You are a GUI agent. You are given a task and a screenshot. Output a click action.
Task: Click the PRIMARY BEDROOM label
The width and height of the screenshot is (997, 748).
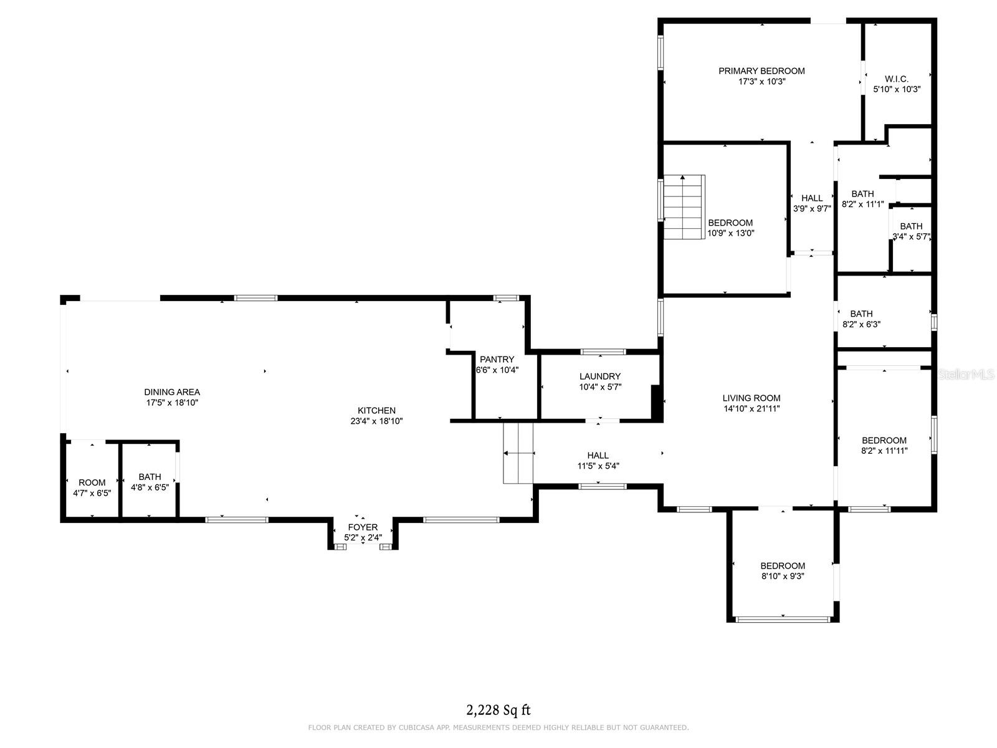[x=761, y=71]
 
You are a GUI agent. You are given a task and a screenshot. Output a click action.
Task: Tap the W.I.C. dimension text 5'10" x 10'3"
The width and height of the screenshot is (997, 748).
[x=897, y=89]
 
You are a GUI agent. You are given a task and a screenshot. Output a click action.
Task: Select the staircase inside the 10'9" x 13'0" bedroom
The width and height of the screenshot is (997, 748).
[x=684, y=207]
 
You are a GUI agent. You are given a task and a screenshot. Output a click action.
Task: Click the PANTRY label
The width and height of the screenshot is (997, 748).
[x=497, y=360]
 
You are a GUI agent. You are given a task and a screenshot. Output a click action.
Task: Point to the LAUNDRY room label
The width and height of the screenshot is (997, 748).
[x=599, y=376]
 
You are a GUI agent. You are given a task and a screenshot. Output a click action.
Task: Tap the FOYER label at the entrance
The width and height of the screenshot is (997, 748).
[x=363, y=527]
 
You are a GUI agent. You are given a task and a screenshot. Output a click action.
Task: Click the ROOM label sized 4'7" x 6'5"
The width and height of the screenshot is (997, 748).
[x=92, y=482]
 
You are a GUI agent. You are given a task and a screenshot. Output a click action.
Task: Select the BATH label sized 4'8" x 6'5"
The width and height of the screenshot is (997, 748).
[x=150, y=477]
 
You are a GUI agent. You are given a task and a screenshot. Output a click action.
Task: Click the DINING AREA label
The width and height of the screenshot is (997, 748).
[x=172, y=392]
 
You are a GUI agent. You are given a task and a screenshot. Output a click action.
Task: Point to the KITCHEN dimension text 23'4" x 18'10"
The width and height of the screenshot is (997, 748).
[x=376, y=421]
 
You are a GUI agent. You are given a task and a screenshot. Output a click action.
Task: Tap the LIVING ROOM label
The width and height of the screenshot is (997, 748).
[x=751, y=398]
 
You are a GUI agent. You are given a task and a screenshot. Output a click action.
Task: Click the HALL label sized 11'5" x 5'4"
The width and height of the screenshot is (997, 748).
[x=598, y=456]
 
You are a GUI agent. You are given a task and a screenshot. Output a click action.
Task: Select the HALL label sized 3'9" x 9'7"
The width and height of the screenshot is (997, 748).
[x=812, y=198]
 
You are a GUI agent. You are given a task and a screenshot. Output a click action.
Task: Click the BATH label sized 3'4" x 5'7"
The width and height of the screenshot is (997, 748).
[x=911, y=226]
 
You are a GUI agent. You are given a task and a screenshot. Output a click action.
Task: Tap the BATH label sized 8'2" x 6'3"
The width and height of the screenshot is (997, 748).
[x=861, y=314]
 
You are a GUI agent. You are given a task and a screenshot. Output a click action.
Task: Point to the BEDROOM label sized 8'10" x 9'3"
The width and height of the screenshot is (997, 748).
[x=782, y=566]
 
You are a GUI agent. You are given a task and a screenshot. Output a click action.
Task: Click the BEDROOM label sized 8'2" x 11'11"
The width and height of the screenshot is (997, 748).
[x=884, y=441]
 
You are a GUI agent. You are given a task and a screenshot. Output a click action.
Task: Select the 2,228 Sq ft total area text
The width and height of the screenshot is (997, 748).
[x=499, y=710]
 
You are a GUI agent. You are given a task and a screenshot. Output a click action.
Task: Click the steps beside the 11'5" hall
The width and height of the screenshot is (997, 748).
[x=518, y=453]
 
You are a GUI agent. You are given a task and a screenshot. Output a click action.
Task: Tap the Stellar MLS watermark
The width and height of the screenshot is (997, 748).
[x=966, y=375]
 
